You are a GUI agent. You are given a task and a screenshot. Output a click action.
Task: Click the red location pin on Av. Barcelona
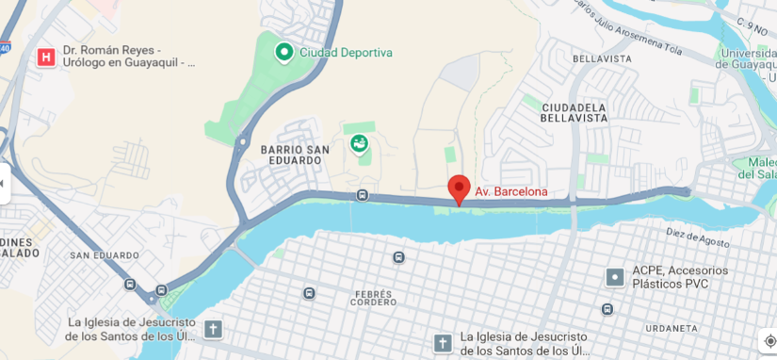[459, 187]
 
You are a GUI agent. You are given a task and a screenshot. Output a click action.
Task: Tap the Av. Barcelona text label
[510, 191]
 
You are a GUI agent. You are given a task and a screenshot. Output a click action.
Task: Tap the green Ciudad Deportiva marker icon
[283, 52]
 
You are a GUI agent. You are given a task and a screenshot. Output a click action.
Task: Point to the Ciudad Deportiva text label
[346, 53]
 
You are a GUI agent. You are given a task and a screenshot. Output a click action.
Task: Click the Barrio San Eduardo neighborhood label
[295, 155]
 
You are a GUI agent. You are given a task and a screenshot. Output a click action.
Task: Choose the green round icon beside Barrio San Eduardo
[358, 144]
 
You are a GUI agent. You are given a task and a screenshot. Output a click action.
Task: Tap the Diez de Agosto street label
[697, 237]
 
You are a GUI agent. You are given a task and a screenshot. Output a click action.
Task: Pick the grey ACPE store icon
[615, 277]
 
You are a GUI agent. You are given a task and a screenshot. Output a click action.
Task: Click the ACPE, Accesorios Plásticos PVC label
[680, 276]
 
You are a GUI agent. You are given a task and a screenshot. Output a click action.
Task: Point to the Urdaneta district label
[671, 328]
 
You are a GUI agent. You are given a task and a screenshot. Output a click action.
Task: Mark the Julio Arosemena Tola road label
[627, 28]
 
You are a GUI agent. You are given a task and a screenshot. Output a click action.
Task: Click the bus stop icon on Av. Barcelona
[363, 195]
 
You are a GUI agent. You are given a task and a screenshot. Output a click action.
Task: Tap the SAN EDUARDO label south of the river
[104, 255]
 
